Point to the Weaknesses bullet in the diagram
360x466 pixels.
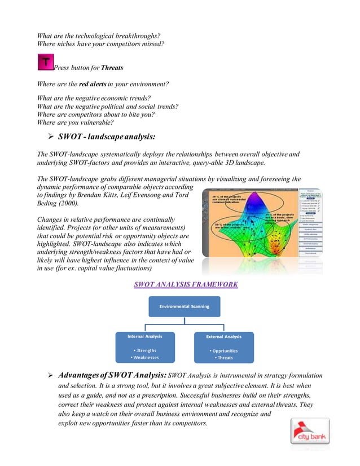pos(146,357)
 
